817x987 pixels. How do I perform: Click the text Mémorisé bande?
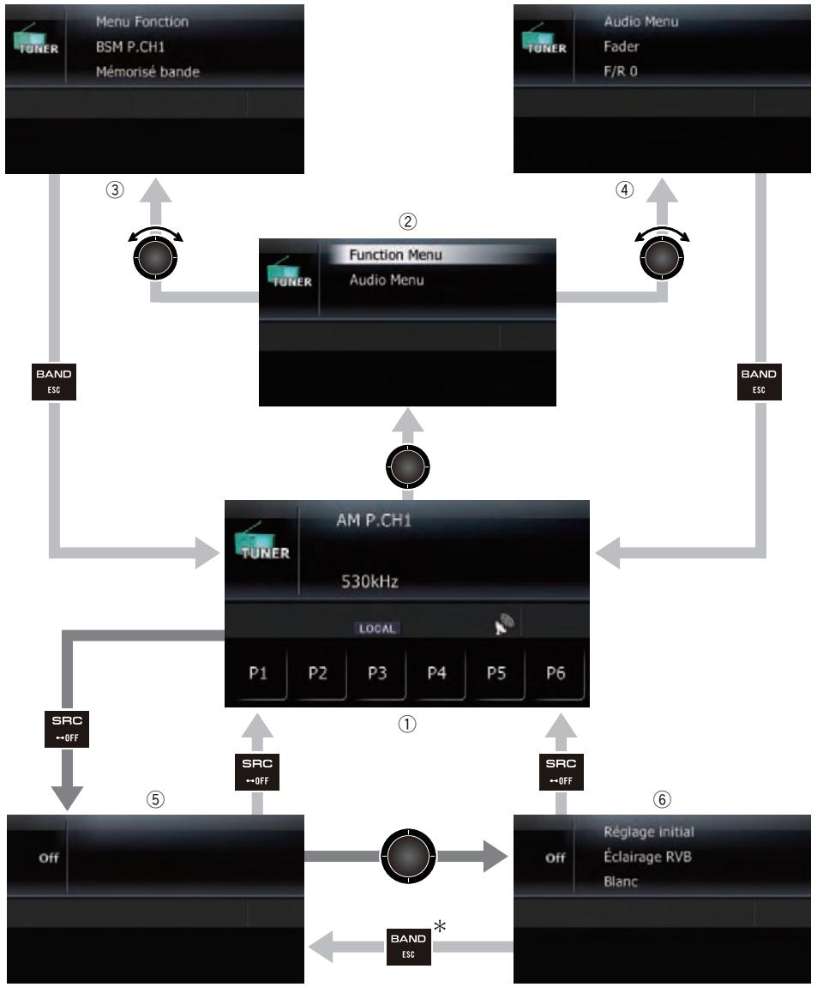tap(146, 72)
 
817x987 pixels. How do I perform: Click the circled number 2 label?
tap(408, 221)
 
